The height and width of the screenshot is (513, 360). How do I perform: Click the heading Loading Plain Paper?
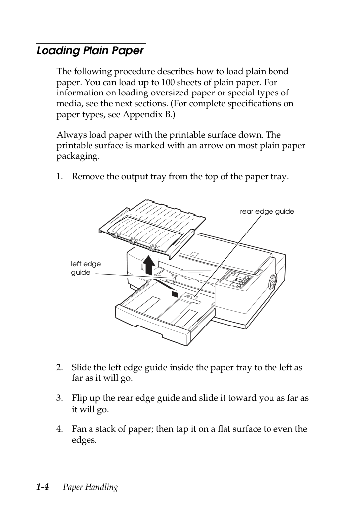pyautogui.click(x=90, y=51)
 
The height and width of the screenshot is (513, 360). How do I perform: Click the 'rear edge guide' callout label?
pyautogui.click(x=267, y=211)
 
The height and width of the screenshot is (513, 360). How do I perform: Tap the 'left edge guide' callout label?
pyautogui.click(x=86, y=268)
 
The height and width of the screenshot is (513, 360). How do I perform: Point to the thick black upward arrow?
pyautogui.click(x=149, y=265)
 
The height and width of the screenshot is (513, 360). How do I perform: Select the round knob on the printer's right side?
pyautogui.click(x=271, y=282)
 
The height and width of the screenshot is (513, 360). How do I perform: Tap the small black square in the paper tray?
pyautogui.click(x=175, y=294)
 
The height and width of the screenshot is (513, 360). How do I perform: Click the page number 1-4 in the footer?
pyautogui.click(x=43, y=487)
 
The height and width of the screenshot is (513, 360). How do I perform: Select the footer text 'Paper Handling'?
pyautogui.click(x=90, y=487)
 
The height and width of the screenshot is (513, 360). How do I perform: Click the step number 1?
pyautogui.click(x=59, y=176)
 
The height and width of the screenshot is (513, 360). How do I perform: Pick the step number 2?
pyautogui.click(x=59, y=367)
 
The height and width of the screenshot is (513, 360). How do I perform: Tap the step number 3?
pyautogui.click(x=59, y=398)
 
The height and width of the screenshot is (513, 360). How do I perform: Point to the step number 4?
pyautogui.click(x=59, y=429)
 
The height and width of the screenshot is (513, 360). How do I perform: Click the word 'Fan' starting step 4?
pyautogui.click(x=79, y=429)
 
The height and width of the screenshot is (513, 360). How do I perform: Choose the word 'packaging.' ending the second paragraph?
pyautogui.click(x=78, y=156)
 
